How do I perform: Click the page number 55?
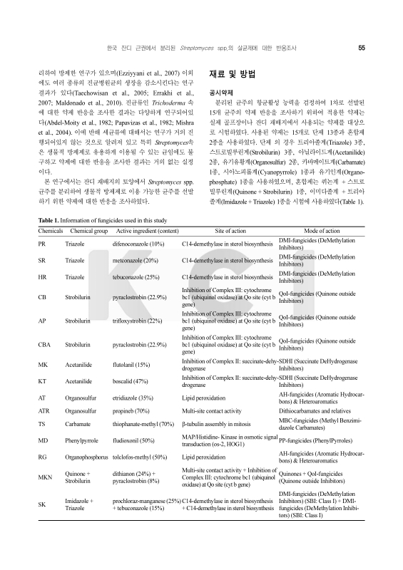362,48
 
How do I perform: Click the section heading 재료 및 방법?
231,74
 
